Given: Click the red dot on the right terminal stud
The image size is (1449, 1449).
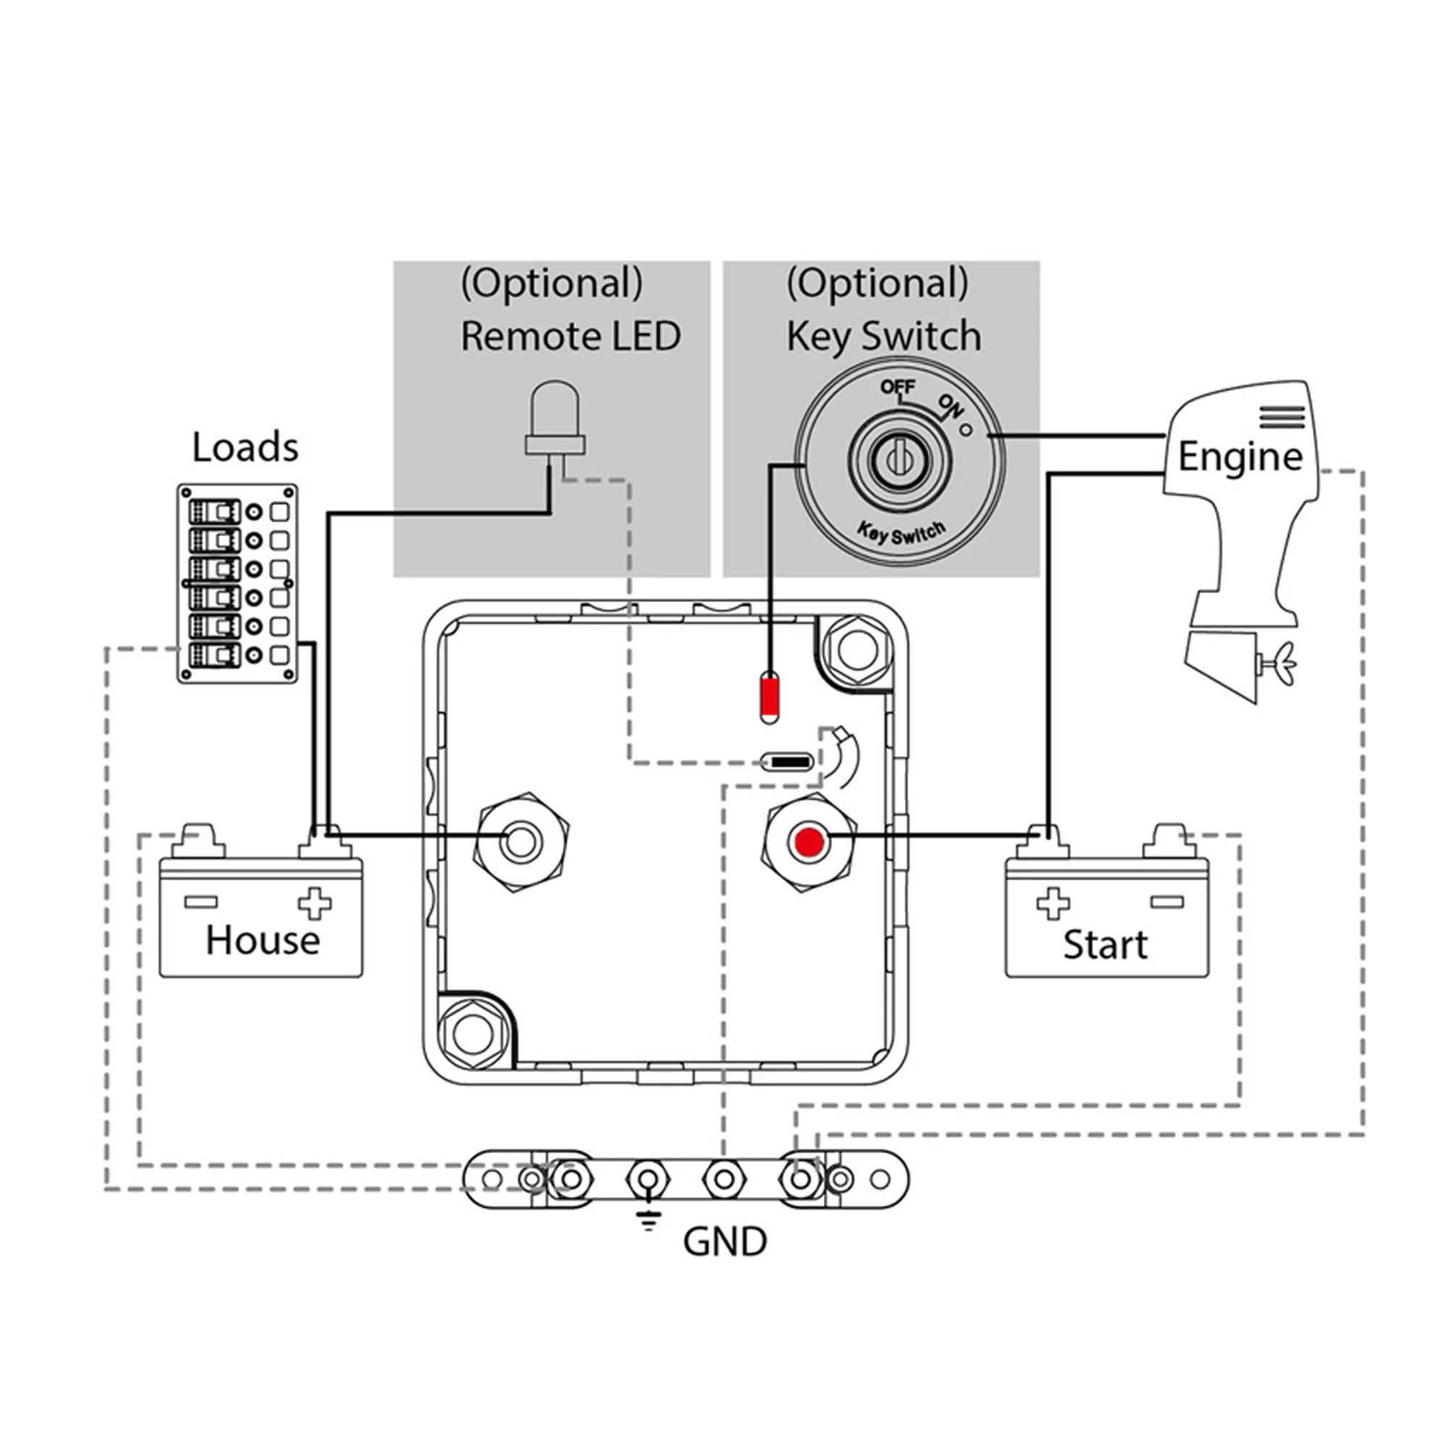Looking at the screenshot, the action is pos(809,841).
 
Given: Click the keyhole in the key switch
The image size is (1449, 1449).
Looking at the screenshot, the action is pos(898,454).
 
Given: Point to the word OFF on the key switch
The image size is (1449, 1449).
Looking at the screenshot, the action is pos(898,387).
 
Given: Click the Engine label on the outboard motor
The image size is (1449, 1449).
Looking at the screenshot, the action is pos(1240,456).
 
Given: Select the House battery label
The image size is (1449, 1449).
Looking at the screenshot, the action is pos(262,940).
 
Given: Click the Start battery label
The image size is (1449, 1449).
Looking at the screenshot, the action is pos(1105,944).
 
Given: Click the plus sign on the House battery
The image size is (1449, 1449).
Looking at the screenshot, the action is pos(315,903).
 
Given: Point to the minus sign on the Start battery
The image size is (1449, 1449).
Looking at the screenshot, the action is pos(1167,901).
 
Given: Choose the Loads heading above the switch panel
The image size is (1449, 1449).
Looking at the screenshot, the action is pos(246,447).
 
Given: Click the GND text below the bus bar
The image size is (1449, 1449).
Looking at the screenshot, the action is pos(724,1241).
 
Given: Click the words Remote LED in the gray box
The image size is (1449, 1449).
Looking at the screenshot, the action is pos(571,335).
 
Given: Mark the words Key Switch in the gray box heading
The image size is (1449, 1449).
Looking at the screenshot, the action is pos(883,336).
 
